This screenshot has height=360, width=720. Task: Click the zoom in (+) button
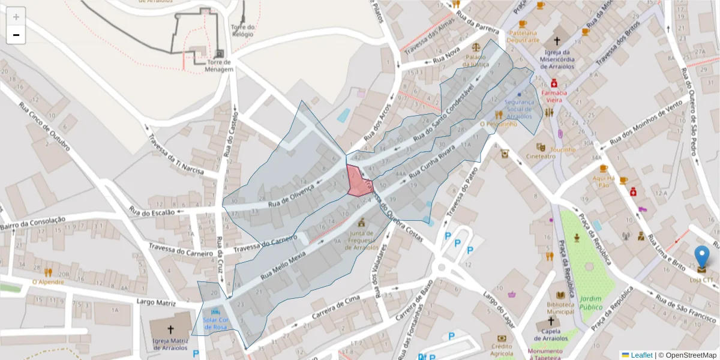(16, 17)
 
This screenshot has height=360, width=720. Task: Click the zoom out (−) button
(16, 35)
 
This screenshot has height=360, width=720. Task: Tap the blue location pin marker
(701, 258)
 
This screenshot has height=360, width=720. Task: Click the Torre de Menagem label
(219, 66)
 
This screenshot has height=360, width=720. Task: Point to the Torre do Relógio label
(243, 31)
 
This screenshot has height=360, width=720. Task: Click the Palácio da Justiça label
(476, 61)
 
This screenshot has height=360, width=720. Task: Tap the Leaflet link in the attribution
(641, 355)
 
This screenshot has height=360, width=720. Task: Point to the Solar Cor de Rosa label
(215, 323)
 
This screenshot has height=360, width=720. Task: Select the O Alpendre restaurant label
(48, 281)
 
